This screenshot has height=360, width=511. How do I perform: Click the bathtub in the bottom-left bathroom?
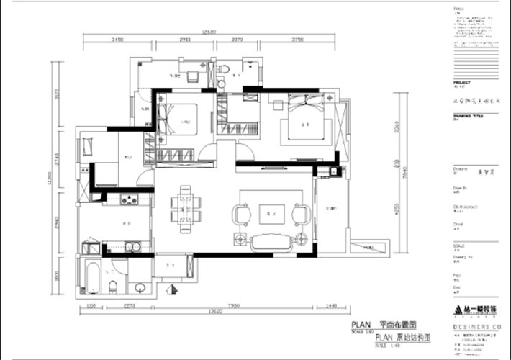[x=93, y=279]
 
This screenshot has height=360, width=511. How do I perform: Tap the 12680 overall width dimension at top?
[x=209, y=32]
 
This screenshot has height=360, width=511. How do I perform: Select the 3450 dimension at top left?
[x=119, y=40]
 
